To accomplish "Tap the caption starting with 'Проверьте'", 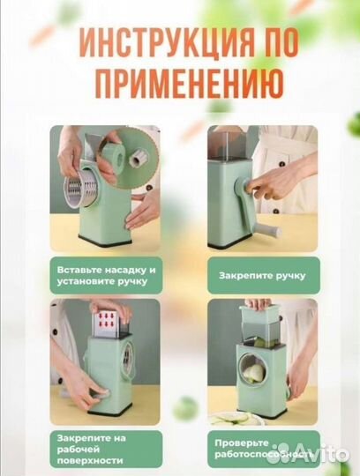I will tap(256, 445).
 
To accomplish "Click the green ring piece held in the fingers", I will tap(116, 158).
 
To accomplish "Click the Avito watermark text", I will tap(326, 455).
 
